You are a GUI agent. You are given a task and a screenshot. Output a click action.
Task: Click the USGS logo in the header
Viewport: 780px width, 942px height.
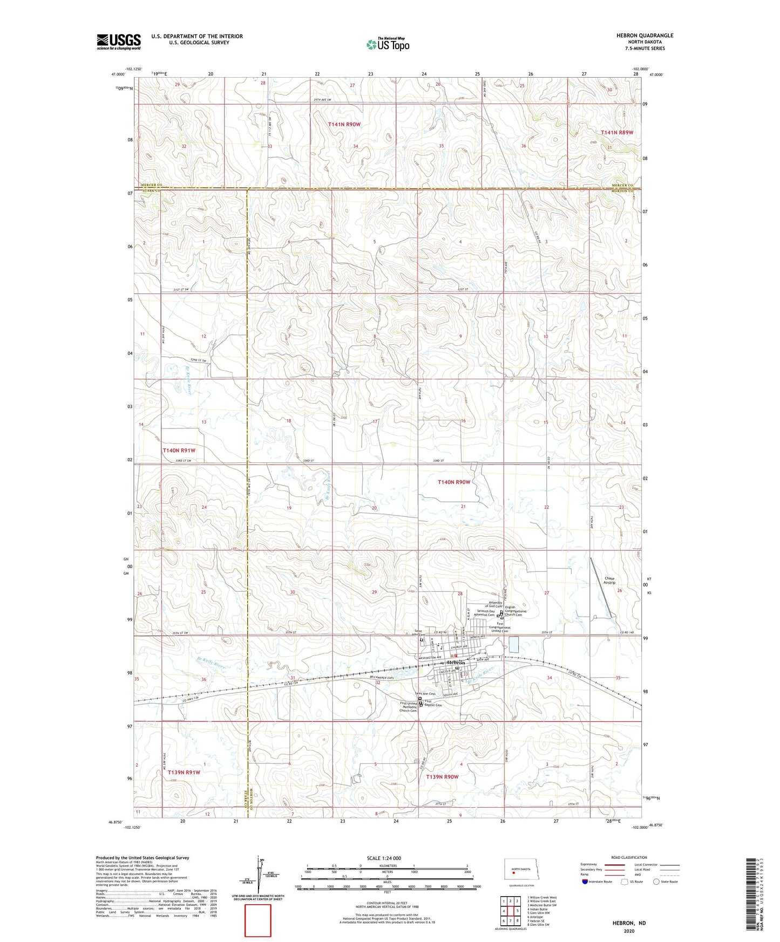[118, 42]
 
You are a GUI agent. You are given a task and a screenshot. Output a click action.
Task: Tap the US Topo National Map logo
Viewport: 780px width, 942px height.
[387, 44]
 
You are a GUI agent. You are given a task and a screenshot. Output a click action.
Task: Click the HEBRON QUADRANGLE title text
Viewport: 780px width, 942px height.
[645, 36]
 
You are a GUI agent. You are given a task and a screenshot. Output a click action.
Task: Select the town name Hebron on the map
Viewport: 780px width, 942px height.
[459, 663]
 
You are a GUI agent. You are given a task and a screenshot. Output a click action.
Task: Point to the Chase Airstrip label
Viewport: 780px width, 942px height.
[609, 581]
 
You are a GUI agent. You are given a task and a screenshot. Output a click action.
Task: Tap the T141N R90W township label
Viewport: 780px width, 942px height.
[344, 124]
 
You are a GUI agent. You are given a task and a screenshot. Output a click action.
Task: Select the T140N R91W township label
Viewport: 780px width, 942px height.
[179, 450]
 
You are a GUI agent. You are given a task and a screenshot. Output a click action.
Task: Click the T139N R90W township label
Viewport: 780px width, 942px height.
[442, 777]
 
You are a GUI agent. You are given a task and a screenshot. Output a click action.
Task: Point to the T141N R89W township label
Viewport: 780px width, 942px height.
[617, 132]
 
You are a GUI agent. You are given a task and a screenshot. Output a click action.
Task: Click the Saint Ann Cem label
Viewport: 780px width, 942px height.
[425, 694]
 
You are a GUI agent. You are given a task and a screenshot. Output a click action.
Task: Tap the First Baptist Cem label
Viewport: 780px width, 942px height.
[433, 704]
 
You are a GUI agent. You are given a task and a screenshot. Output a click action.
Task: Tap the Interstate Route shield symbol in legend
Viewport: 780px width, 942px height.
[586, 882]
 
